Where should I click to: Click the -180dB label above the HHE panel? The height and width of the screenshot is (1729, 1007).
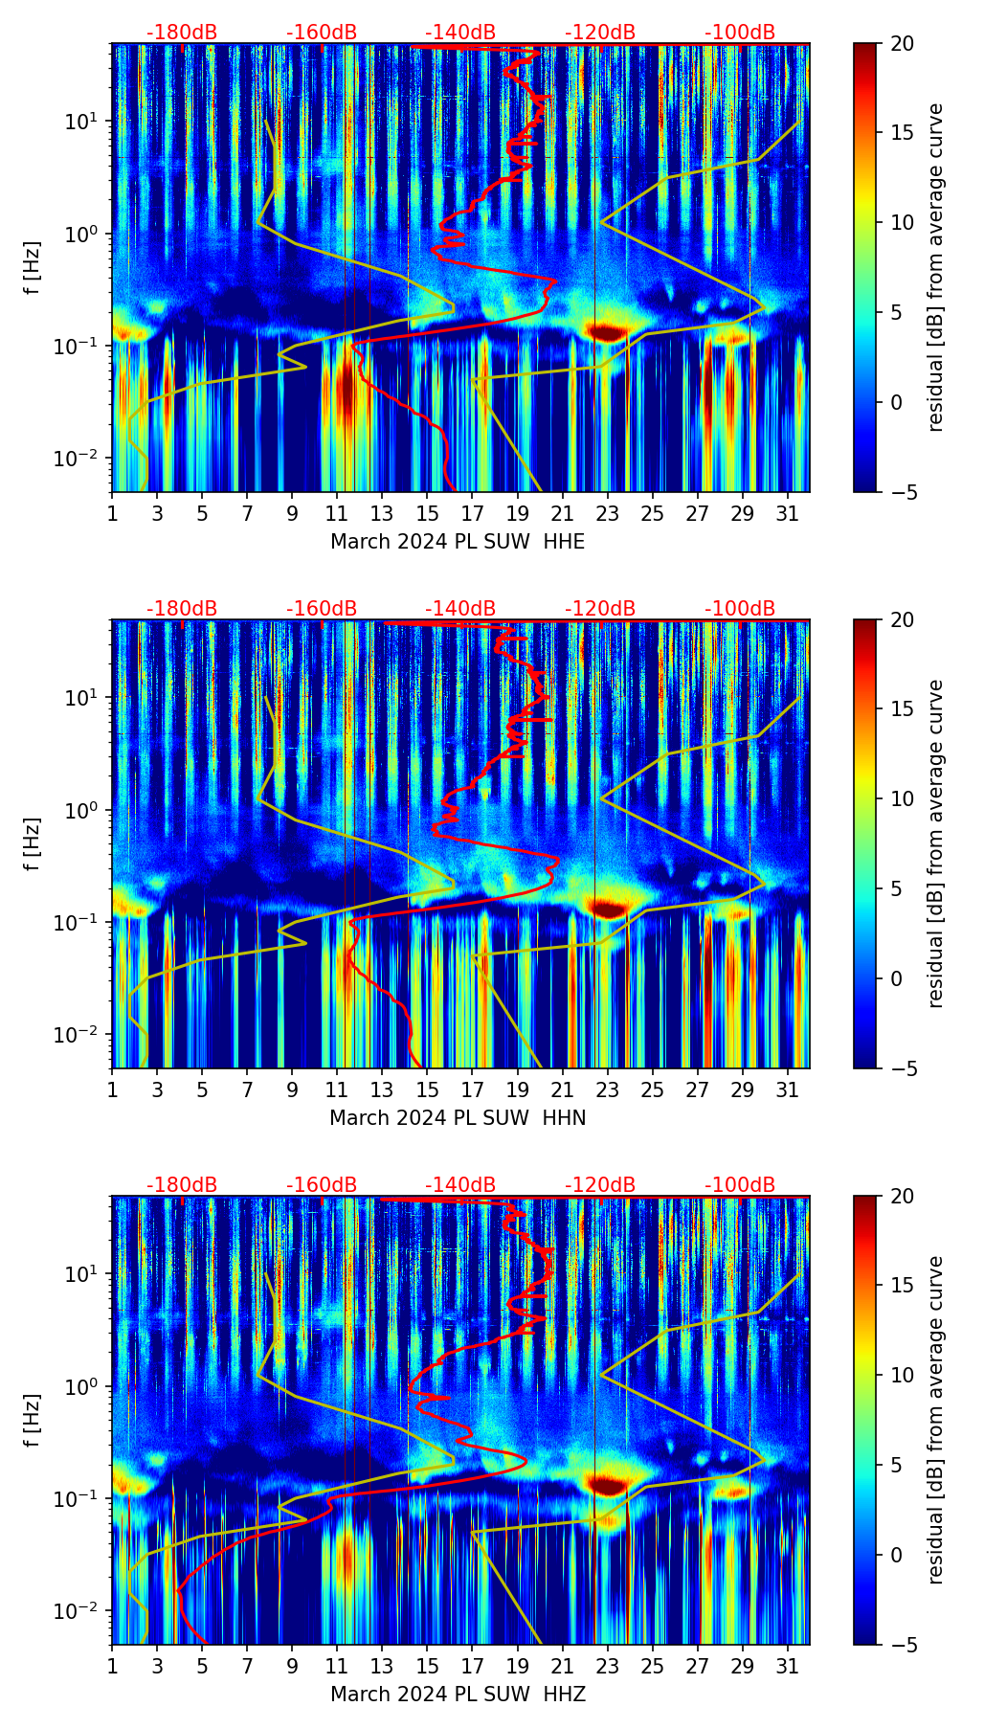coord(182,33)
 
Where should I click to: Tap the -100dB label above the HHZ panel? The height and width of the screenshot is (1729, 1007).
coord(740,1185)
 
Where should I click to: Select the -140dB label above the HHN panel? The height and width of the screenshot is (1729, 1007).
coord(460,609)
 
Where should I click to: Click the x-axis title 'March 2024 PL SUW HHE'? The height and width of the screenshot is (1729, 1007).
coord(458,542)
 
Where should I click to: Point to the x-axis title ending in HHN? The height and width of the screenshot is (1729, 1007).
coord(458,1118)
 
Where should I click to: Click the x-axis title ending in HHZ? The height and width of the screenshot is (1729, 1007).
coord(458,1695)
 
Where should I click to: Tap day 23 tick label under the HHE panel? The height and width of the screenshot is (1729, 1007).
coord(607,513)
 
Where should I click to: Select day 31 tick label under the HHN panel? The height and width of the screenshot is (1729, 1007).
coord(787,1089)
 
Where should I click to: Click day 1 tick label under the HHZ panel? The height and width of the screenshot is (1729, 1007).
coord(113,1666)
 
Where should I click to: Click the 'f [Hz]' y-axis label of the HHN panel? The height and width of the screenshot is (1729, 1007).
coord(33,843)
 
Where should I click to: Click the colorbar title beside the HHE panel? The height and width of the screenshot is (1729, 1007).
coord(935,267)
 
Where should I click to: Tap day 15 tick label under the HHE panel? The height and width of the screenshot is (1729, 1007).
coord(427,513)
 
